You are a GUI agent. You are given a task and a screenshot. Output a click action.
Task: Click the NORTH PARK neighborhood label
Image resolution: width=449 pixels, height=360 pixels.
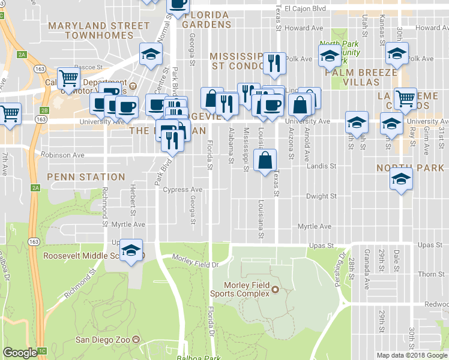410,168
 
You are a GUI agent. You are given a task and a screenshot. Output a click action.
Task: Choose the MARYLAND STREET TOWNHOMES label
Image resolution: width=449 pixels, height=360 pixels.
99,31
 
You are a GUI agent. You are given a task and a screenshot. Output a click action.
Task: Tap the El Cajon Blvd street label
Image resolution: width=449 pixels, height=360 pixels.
305,9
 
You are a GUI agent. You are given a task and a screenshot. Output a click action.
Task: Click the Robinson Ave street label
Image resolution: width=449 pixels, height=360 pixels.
63,155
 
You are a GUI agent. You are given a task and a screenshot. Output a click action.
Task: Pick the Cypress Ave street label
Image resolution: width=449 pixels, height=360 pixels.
182,190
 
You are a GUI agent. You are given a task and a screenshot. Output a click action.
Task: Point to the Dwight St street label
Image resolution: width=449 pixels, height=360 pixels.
317,196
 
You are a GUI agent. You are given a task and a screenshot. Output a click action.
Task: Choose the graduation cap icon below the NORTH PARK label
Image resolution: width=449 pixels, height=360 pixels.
401,179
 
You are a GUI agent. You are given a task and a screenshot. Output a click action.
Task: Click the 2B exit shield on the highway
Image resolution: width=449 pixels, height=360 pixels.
43,110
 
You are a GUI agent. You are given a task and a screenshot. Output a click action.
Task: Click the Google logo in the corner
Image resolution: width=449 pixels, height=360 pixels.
20,353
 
